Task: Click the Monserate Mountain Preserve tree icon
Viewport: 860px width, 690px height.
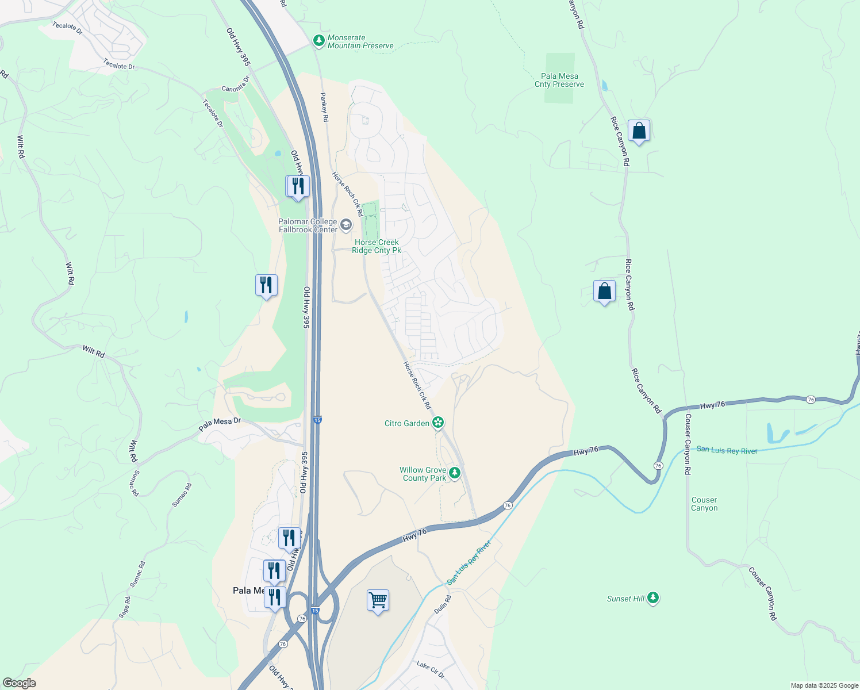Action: point(318,41)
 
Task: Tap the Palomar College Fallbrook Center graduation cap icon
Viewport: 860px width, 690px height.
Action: point(346,224)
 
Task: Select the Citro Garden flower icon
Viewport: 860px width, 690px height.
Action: point(438,423)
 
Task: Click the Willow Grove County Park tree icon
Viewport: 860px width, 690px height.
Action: point(455,473)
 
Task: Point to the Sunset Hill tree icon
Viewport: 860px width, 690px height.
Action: point(652,598)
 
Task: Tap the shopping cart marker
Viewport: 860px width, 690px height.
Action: point(378,601)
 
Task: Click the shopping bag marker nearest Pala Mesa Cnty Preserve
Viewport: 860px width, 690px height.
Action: point(639,131)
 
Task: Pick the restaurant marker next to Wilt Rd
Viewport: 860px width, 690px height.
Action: point(266,285)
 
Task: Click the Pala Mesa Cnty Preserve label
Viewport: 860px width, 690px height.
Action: point(559,80)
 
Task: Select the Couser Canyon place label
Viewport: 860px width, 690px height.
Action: point(704,504)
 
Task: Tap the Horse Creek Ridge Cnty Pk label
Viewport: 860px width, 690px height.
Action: point(377,246)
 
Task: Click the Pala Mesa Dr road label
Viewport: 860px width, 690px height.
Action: point(220,424)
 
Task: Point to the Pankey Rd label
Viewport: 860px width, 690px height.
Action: point(324,107)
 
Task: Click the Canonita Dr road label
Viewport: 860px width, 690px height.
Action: point(236,85)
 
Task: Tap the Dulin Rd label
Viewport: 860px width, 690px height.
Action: point(443,604)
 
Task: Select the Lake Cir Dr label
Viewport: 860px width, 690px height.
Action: point(431,669)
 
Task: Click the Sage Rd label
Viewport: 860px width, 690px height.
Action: point(125,607)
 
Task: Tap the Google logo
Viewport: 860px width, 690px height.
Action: point(19,683)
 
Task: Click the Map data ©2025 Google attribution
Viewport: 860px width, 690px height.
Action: point(824,685)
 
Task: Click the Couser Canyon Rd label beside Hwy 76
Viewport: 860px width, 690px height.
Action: point(687,444)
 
